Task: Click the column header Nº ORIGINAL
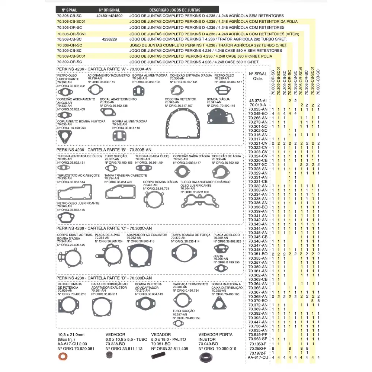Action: (109, 10)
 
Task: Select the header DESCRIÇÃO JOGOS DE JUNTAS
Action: (175, 10)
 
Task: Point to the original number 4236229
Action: (109, 39)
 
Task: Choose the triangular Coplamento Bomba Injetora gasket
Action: (64, 137)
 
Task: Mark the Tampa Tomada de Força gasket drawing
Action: (184, 254)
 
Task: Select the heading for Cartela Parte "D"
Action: (104, 278)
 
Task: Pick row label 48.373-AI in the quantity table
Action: (258, 101)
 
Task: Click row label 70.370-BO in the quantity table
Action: (258, 301)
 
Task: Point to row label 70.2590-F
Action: (257, 349)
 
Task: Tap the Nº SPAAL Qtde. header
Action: (258, 76)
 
